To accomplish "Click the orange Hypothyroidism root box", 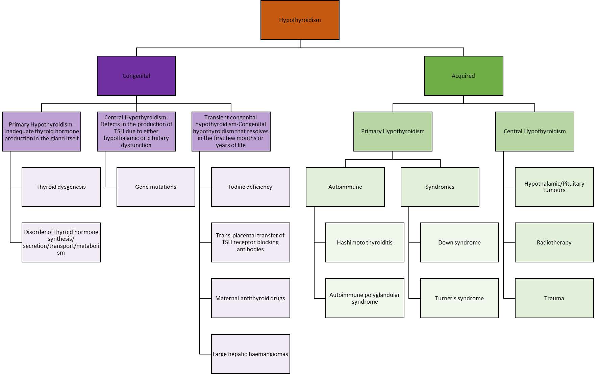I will pyautogui.click(x=300, y=20).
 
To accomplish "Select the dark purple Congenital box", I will pyautogui.click(x=136, y=76).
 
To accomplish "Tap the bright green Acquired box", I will pyautogui.click(x=464, y=76).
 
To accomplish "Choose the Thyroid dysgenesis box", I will pyautogui.click(x=61, y=187).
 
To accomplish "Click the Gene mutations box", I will pyautogui.click(x=156, y=187).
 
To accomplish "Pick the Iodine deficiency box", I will pyautogui.click(x=250, y=187).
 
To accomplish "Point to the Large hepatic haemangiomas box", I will pyautogui.click(x=250, y=354).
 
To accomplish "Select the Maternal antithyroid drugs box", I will pyautogui.click(x=250, y=298).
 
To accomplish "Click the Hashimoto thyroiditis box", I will pyautogui.click(x=365, y=242).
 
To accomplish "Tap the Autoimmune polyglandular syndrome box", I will pyautogui.click(x=365, y=298).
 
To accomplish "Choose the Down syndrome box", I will pyautogui.click(x=459, y=242).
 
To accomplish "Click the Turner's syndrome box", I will pyautogui.click(x=459, y=298).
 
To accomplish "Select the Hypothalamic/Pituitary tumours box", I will pyautogui.click(x=554, y=187).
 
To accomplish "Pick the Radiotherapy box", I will pyautogui.click(x=554, y=242).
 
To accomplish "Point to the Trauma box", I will pyautogui.click(x=554, y=298).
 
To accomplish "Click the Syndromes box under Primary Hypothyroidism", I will pyautogui.click(x=440, y=187).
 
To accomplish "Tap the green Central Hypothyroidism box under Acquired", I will pyautogui.click(x=534, y=131).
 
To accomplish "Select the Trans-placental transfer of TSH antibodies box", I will pyautogui.click(x=250, y=242).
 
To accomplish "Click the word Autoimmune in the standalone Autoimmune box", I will pyautogui.click(x=345, y=187).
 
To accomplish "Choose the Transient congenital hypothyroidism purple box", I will pyautogui.click(x=231, y=131).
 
